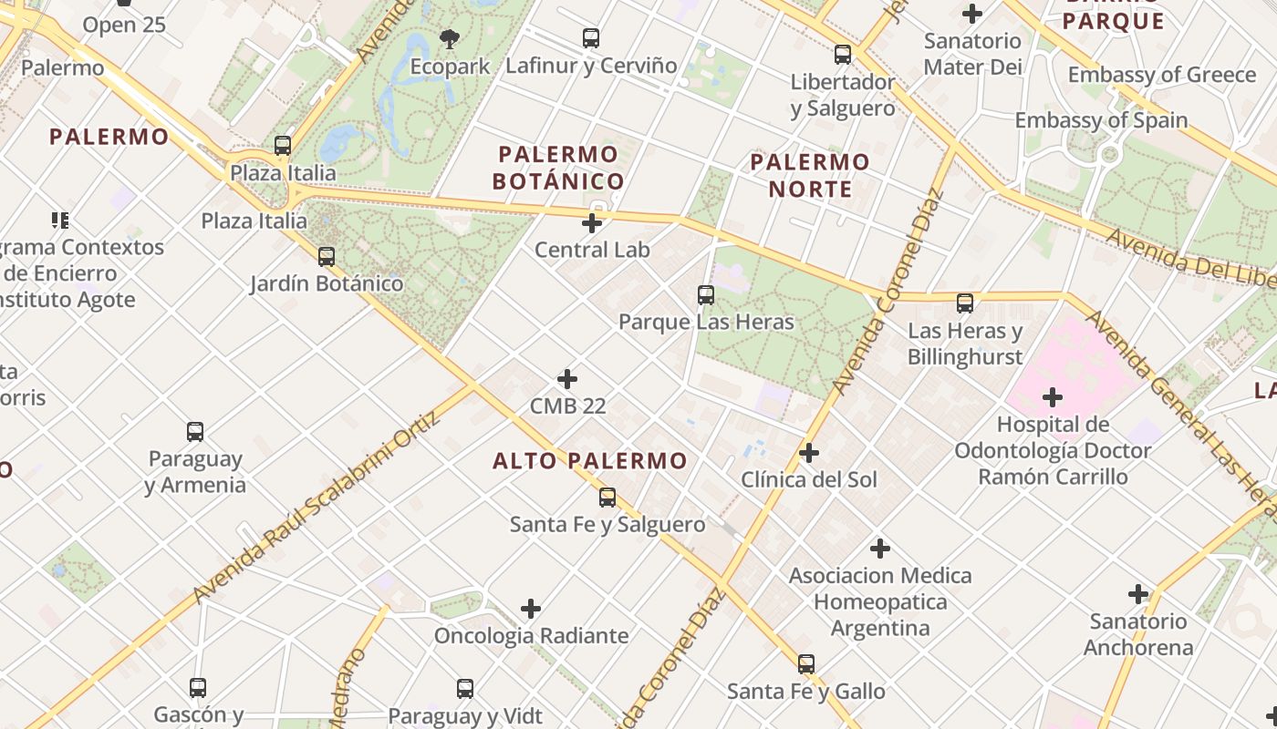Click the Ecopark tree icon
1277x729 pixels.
point(449,39)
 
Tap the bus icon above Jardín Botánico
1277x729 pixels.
point(327,257)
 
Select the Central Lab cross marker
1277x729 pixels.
point(592,222)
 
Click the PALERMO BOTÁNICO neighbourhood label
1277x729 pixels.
point(558,168)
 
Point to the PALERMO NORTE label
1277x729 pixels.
point(810,176)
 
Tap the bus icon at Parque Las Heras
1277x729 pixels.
point(706,295)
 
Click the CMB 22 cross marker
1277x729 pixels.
point(567,379)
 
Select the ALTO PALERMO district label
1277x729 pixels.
point(590,461)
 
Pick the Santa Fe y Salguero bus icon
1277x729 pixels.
point(607,498)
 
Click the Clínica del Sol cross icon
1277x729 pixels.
point(809,453)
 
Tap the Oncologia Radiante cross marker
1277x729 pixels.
point(531,609)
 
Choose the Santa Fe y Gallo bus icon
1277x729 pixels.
point(806,664)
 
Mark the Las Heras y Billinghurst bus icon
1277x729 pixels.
point(965,303)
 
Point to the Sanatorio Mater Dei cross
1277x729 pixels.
point(972,14)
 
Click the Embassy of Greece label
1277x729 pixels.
point(1162,75)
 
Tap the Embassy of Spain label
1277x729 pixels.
point(1101,120)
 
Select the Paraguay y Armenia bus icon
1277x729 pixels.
point(195,432)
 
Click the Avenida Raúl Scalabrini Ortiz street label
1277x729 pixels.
point(317,507)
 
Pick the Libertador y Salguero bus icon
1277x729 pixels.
point(843,55)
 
